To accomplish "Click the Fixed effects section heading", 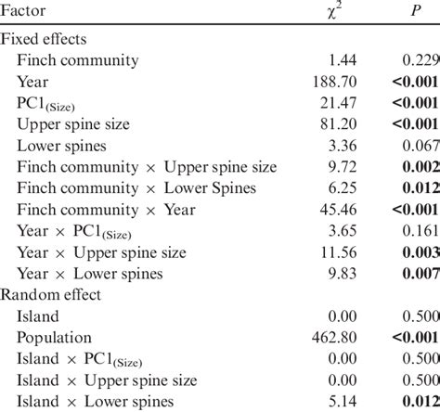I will (46, 39).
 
